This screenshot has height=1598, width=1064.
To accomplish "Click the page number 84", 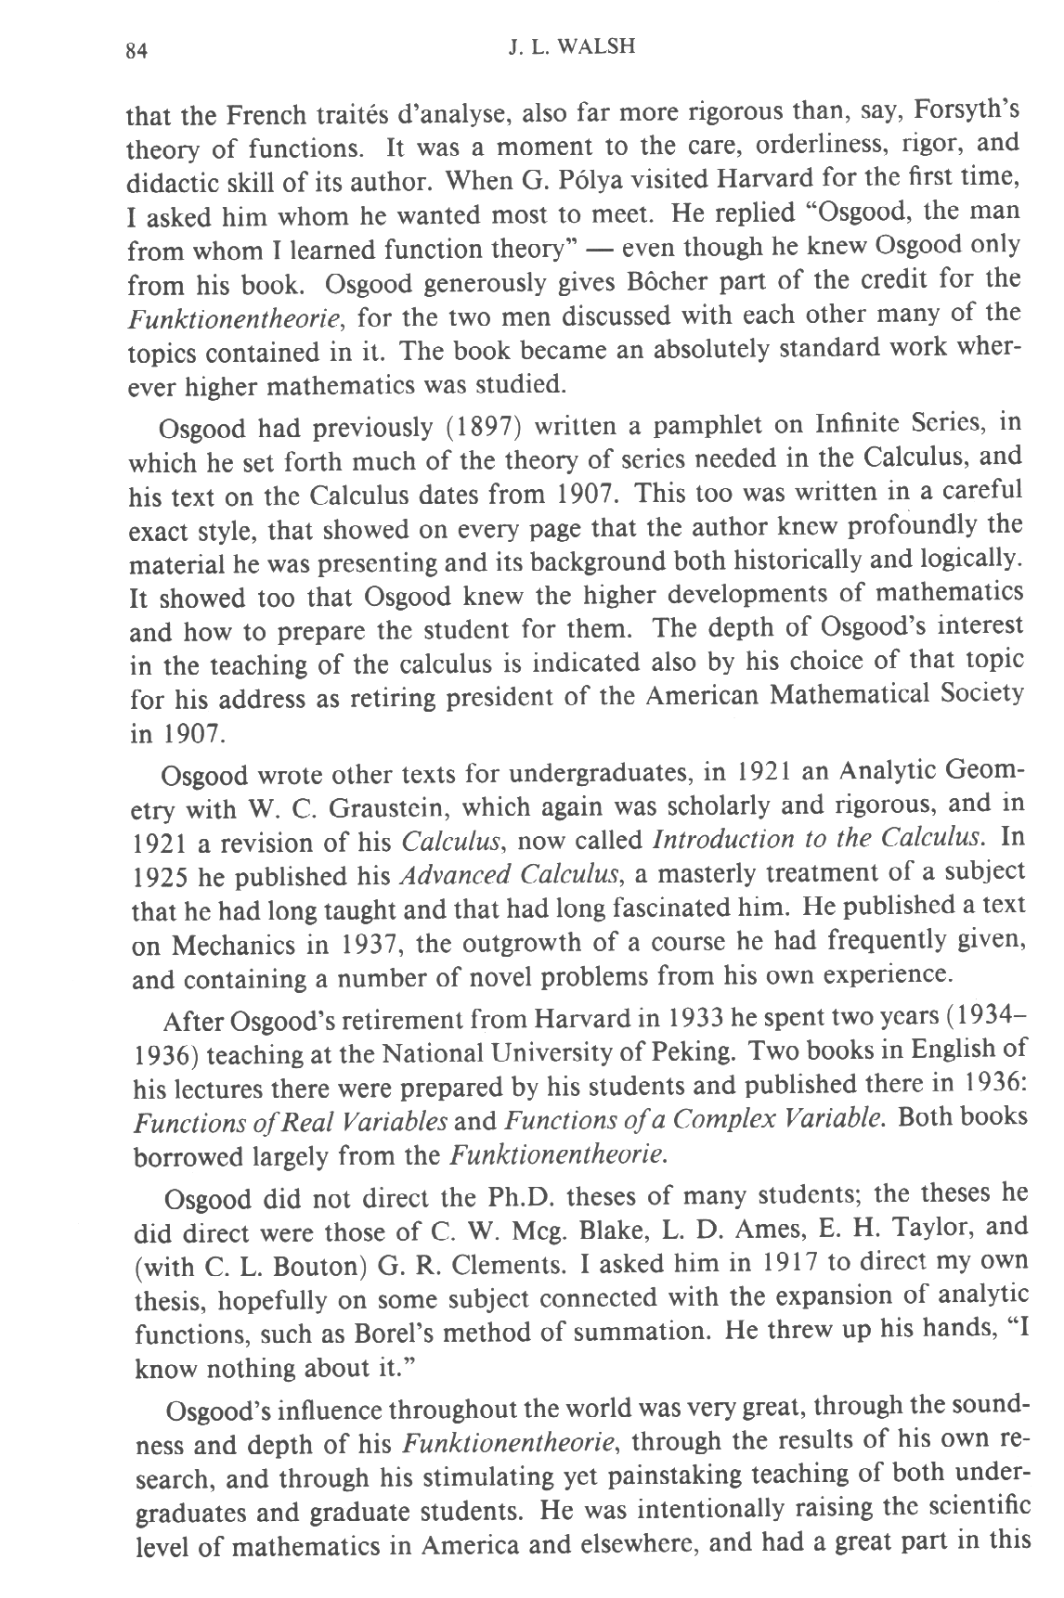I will (x=136, y=51).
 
